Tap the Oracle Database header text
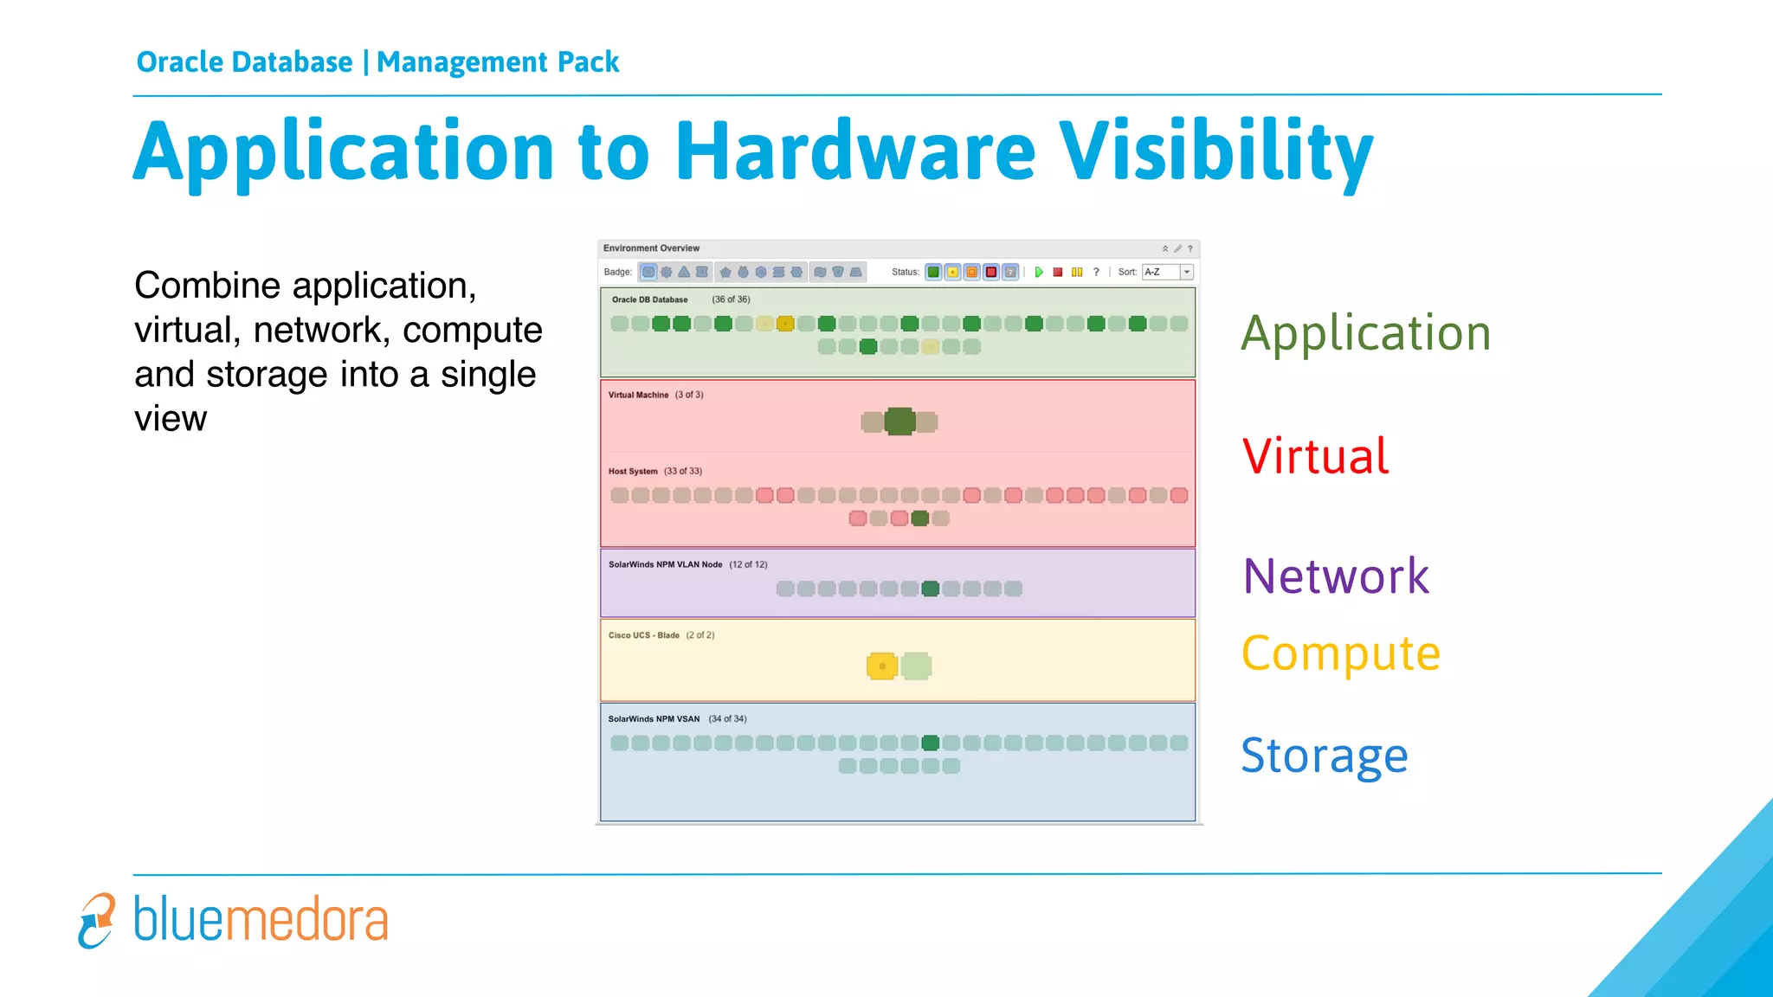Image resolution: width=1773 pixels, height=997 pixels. [x=245, y=62]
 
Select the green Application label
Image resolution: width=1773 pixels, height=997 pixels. [x=1366, y=333]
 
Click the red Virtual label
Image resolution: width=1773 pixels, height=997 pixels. [x=1315, y=456]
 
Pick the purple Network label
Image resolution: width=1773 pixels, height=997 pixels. [x=1336, y=576]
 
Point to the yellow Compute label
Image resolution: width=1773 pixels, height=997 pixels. [x=1340, y=653]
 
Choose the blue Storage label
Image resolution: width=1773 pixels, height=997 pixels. [x=1325, y=756]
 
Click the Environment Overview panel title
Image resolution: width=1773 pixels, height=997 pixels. [x=651, y=248]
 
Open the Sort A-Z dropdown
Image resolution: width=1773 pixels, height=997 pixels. [x=1187, y=272]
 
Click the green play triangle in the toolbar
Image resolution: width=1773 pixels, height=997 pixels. [x=1039, y=272]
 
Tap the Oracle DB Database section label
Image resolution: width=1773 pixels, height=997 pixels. [x=649, y=299]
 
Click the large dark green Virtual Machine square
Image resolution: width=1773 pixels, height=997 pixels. [x=899, y=421]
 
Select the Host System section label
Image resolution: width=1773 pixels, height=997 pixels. [x=633, y=472]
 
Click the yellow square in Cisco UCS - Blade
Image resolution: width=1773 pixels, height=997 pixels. [x=881, y=666]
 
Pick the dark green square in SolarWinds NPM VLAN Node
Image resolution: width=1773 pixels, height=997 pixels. [x=931, y=589]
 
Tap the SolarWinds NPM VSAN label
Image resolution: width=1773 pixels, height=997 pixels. [x=654, y=719]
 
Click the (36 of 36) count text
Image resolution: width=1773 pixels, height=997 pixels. [x=731, y=299]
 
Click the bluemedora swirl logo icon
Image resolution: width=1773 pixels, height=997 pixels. [x=97, y=920]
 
